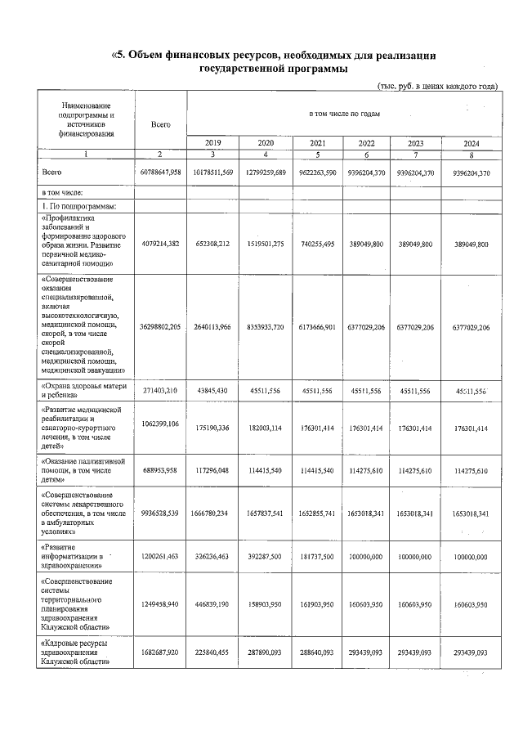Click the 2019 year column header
(x=212, y=143)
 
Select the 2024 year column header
(x=472, y=143)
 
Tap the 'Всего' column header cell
(x=160, y=123)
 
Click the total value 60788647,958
(x=160, y=173)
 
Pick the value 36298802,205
(x=160, y=327)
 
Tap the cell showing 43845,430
(x=212, y=391)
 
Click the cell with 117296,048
(x=212, y=470)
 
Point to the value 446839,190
(x=212, y=608)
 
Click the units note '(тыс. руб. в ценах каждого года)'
(x=437, y=86)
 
